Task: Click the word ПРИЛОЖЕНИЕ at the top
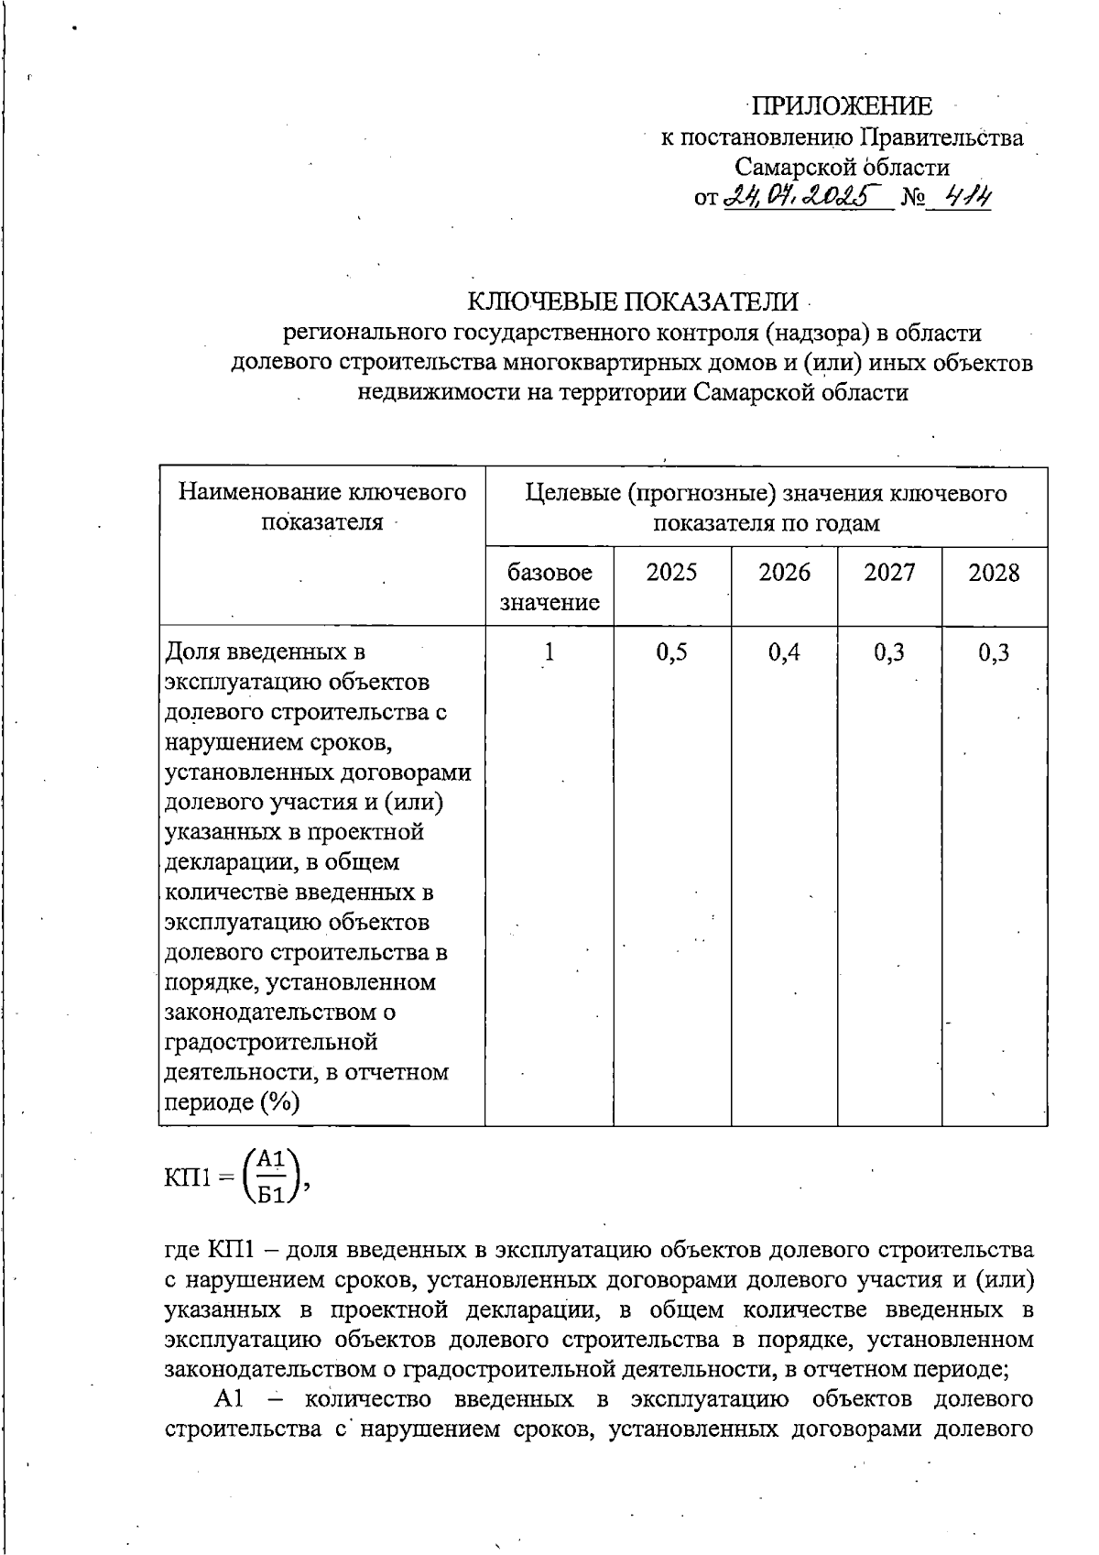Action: click(x=843, y=106)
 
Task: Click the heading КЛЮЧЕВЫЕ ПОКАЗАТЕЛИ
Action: click(x=633, y=301)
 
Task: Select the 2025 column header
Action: click(x=671, y=573)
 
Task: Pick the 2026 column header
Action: click(x=784, y=573)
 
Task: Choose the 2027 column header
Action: click(x=889, y=573)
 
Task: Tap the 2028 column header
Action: click(x=994, y=573)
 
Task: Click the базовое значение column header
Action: click(x=549, y=587)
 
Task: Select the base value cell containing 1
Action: click(x=549, y=652)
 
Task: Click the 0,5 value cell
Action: click(x=671, y=652)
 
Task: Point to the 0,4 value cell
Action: click(x=784, y=652)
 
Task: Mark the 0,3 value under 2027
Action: click(x=889, y=652)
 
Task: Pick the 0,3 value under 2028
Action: click(x=994, y=652)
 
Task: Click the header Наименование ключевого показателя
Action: click(x=322, y=508)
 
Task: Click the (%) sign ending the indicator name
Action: click(x=279, y=1102)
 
